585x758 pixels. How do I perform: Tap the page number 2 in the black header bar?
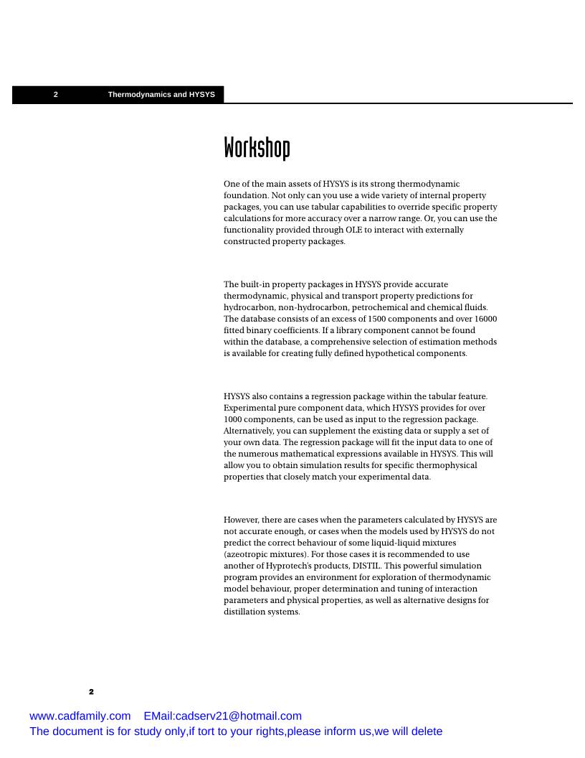click(x=56, y=95)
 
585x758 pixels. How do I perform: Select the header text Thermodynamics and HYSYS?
click(x=161, y=95)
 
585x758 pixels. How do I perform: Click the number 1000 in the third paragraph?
click(x=234, y=419)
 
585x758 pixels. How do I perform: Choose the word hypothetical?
click(x=390, y=353)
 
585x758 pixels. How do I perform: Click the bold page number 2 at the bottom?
click(x=91, y=692)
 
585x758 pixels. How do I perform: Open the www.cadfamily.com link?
click(x=80, y=716)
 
